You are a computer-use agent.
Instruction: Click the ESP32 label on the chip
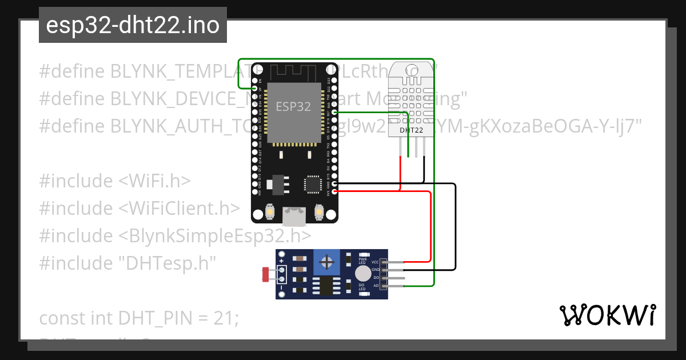coord(294,106)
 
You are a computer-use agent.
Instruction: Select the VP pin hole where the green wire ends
coord(255,89)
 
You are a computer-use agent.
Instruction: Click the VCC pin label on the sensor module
coord(376,262)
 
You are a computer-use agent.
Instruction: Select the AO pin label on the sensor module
coord(376,285)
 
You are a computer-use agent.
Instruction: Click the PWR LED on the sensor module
coord(362,259)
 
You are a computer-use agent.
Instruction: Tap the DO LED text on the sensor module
coord(362,287)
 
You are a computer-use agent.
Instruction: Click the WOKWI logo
coord(607,315)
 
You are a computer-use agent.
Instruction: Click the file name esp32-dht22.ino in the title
coord(133,26)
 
